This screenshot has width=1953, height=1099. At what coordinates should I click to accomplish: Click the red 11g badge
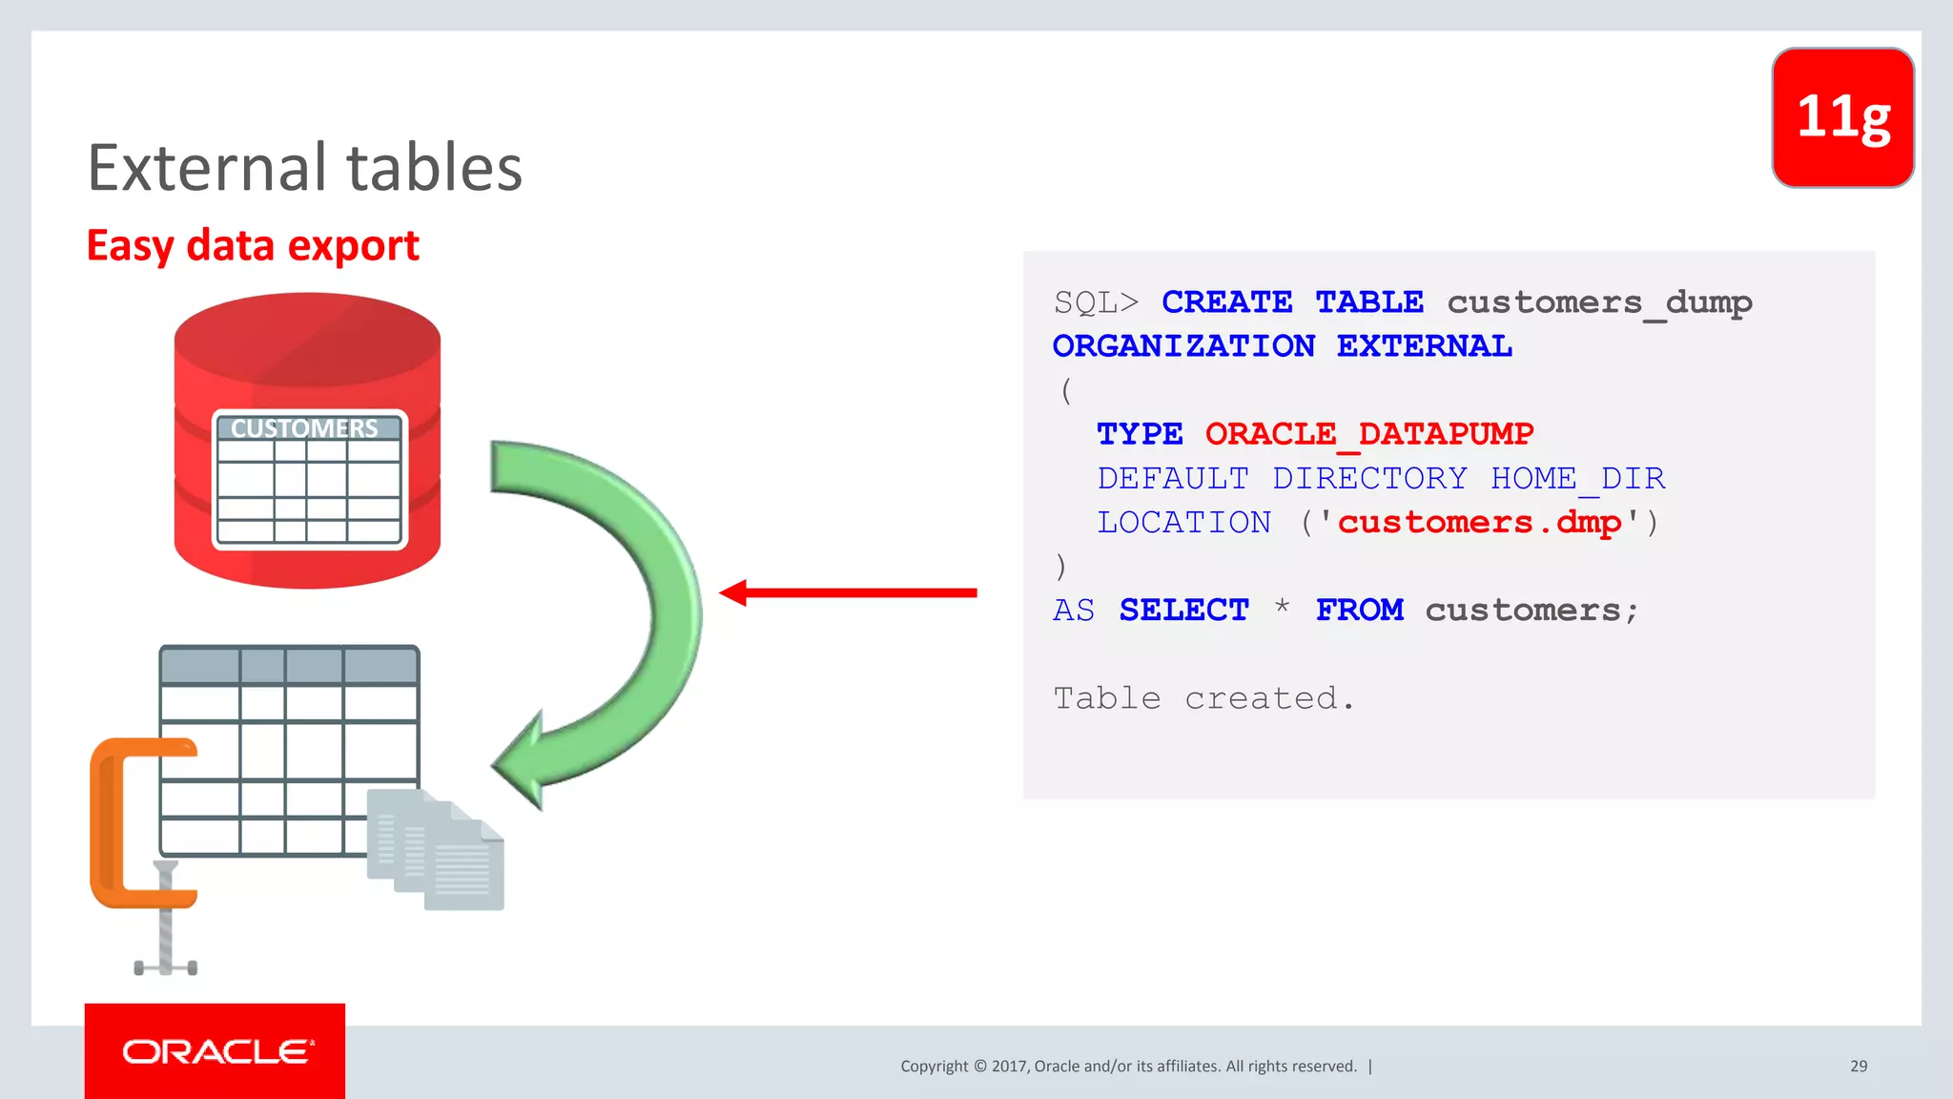[1842, 117]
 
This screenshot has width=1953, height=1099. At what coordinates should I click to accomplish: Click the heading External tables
[305, 168]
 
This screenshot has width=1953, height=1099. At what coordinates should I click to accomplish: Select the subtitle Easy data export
[253, 246]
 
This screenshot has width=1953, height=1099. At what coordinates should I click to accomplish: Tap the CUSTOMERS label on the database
[304, 428]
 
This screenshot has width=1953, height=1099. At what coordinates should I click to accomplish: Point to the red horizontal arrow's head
[734, 592]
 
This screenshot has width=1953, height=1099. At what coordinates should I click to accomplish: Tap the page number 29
[1858, 1066]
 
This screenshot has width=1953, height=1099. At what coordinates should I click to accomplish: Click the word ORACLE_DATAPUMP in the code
[1368, 434]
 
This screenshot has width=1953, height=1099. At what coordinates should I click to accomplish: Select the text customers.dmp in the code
[1478, 522]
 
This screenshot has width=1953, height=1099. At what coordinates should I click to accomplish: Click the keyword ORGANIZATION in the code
[1183, 345]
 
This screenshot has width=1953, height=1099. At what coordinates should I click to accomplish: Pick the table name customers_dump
[1599, 302]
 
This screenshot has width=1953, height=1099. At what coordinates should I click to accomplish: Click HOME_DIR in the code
[1577, 478]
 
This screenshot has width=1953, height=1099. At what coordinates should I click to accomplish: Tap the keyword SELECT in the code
[1183, 610]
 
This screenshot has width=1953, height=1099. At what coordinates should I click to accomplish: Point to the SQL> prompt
[1096, 302]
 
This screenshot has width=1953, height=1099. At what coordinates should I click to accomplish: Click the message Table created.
[1203, 698]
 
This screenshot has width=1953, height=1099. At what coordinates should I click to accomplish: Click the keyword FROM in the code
[1359, 610]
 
